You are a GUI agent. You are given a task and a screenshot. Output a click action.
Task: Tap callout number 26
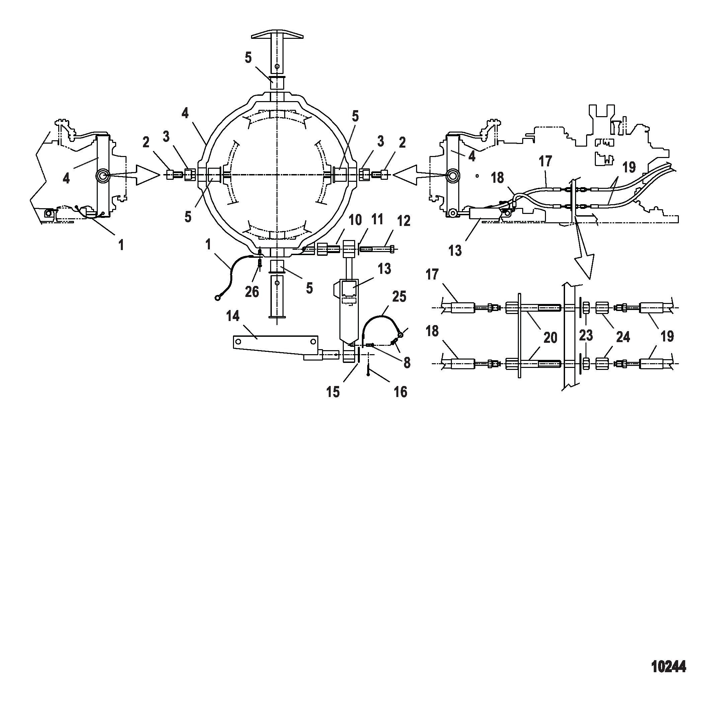tap(252, 292)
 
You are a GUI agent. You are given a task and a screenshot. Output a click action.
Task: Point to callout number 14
tap(233, 316)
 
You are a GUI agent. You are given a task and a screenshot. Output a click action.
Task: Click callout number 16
tap(400, 392)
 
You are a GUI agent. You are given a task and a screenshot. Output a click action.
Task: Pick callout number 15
tap(333, 392)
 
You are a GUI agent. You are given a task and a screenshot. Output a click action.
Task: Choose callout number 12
tap(404, 221)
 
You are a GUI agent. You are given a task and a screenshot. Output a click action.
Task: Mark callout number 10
tap(355, 220)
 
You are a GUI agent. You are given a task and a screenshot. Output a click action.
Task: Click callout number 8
tap(407, 363)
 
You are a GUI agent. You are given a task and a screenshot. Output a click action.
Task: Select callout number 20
tap(550, 337)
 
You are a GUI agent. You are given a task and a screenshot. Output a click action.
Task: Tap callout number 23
tap(586, 335)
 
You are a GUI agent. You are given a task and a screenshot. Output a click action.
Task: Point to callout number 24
tap(623, 337)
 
